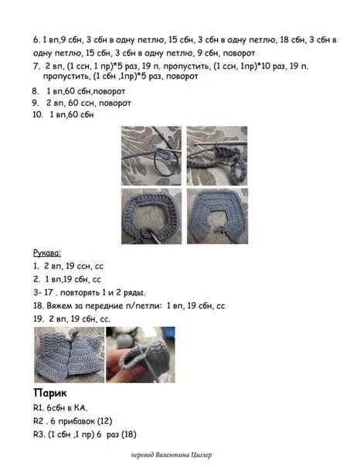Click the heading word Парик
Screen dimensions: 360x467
tap(50, 393)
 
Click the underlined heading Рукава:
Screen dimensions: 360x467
tap(47, 253)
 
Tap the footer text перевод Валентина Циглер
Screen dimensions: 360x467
tap(172, 455)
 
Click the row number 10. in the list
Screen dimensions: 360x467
tap(38, 114)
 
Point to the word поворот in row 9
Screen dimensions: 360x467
tap(115, 103)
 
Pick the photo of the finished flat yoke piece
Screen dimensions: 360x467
tap(218, 216)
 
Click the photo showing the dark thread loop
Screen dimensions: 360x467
tap(151, 155)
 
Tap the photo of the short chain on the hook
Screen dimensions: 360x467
tap(217, 155)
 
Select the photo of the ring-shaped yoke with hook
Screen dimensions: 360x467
tap(151, 216)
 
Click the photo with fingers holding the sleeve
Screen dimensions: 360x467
tap(141, 355)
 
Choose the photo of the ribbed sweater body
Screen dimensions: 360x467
tap(70, 355)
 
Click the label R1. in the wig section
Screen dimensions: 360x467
tap(39, 407)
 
